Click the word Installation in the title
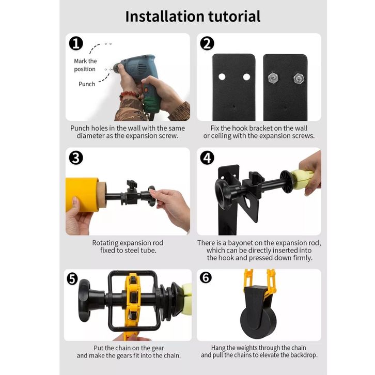[165, 17]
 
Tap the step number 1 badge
[76, 44]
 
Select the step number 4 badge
[207, 158]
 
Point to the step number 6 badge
[206, 278]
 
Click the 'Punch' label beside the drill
[87, 84]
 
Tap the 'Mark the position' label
[85, 65]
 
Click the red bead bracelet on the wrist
[129, 95]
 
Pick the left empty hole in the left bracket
[222, 77]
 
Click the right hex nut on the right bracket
[299, 78]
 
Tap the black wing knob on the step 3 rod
[132, 184]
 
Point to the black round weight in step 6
[258, 319]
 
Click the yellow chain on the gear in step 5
[132, 306]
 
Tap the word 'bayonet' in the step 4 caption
[240, 243]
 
